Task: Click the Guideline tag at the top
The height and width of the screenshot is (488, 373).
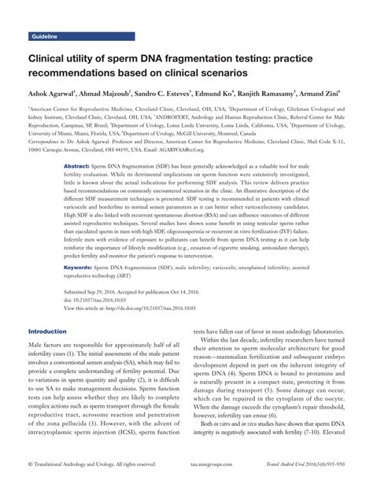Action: [46, 37]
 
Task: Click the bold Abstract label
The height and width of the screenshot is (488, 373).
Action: [76, 168]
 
